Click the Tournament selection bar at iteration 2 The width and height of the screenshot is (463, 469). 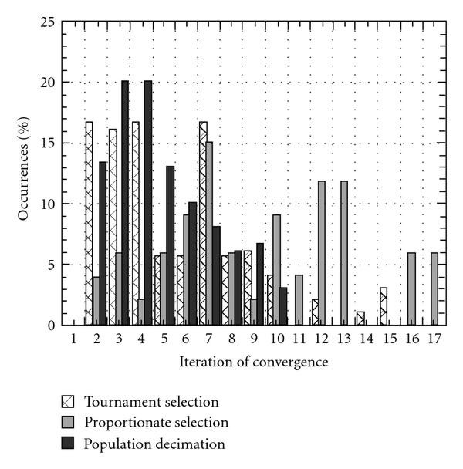[x=89, y=224]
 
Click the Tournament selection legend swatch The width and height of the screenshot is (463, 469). [x=69, y=402]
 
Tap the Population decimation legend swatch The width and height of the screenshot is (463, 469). [x=69, y=444]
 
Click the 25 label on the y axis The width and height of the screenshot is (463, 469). [x=47, y=22]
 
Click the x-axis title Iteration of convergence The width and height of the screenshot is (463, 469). [x=255, y=361]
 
